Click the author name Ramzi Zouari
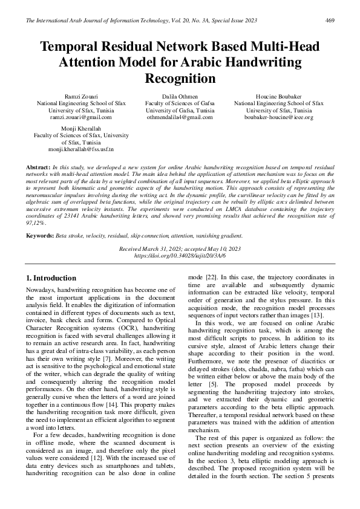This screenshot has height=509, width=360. [81, 97]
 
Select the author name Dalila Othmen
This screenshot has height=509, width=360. [180, 97]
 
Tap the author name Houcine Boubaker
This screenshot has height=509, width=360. [278, 97]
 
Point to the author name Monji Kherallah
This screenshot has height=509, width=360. [81, 129]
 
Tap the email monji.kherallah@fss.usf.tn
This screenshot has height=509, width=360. [81, 149]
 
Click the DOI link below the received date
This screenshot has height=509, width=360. [180, 256]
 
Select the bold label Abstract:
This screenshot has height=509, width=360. [38, 166]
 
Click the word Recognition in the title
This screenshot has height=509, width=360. [180, 79]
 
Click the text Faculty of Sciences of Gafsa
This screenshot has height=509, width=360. [180, 103]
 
